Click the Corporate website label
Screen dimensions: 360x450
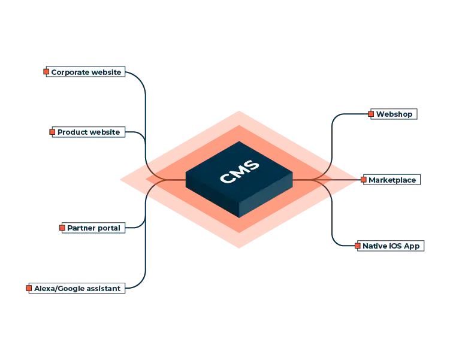pos(86,72)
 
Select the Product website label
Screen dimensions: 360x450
pos(89,132)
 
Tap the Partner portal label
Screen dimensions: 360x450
pos(93,228)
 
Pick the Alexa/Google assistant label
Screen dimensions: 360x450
pos(77,288)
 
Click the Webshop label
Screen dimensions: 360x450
pos(394,114)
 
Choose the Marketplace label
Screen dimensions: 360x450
pos(392,180)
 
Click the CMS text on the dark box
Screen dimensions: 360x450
pos(240,172)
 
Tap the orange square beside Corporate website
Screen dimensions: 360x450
pos(46,72)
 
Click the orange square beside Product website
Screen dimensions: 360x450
pos(52,132)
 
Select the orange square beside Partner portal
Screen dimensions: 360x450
pos(62,228)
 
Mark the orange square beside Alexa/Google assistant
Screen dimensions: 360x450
pos(28,288)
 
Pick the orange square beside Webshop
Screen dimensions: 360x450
pos(372,114)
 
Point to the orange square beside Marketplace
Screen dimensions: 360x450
pos(363,180)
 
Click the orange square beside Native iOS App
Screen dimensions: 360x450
pos(358,246)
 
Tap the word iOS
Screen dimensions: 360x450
pos(394,246)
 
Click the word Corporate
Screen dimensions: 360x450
pos(70,72)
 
